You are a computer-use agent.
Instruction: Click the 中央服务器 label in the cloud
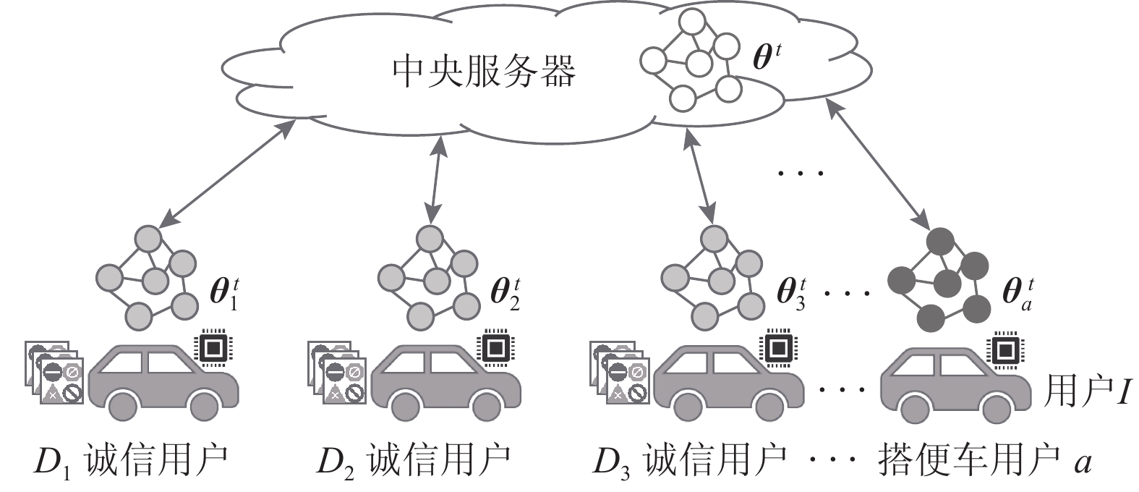coord(483,71)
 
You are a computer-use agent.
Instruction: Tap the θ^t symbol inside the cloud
coord(767,56)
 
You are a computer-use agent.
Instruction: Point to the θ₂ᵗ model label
coord(505,292)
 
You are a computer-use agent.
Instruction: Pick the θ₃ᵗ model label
coord(790,292)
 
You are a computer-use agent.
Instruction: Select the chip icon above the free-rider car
coord(1005,349)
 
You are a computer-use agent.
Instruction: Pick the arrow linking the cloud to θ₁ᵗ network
coord(227,173)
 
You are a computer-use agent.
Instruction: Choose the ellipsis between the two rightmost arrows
coord(800,173)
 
